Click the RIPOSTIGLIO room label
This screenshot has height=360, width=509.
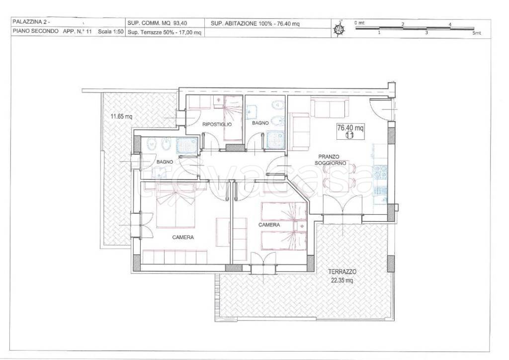(217, 124)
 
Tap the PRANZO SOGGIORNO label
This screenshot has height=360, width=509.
(331, 160)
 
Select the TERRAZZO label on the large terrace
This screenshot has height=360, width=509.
(342, 271)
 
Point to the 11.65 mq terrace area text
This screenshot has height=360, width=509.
(121, 116)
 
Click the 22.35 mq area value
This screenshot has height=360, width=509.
(341, 280)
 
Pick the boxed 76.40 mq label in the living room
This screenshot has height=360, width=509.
(350, 131)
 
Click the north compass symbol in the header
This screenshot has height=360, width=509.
(339, 28)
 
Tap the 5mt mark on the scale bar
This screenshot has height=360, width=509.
(476, 33)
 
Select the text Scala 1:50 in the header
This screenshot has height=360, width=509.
(110, 32)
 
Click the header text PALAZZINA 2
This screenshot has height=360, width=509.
(31, 22)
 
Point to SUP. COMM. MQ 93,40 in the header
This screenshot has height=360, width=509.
(157, 23)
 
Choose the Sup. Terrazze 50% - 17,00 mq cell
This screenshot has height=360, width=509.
(164, 32)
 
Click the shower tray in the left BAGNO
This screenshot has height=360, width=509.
(187, 145)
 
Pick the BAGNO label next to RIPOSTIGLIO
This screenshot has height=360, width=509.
(260, 123)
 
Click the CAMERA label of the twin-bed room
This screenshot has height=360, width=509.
(269, 225)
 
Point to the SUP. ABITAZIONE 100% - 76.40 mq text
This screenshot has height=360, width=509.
(255, 23)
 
